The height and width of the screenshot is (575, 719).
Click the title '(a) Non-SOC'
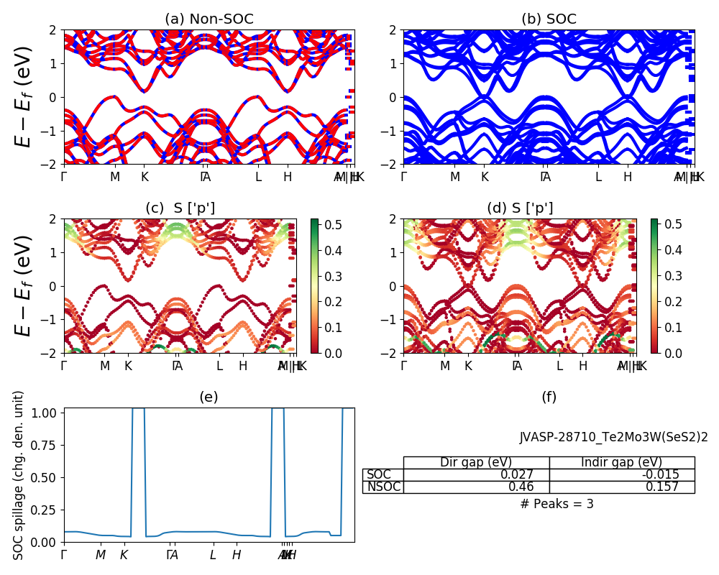pos(209,19)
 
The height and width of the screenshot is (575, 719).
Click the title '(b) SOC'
pos(549,19)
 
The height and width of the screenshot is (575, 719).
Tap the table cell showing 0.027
pos(476,474)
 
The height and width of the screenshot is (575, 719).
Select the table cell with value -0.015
pos(622,474)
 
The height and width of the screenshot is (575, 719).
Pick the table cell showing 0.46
pos(476,487)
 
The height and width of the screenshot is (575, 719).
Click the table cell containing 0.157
pos(622,487)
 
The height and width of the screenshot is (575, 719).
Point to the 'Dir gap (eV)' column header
pos(476,462)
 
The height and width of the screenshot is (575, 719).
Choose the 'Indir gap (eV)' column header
pos(622,462)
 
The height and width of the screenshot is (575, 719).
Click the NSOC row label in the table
pos(383,487)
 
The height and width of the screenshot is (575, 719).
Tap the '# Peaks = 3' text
pos(557,504)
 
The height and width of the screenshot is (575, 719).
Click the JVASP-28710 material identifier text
pos(613,437)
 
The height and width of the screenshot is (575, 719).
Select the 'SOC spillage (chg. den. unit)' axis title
pos(19,474)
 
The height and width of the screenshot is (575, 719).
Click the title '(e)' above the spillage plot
pos(209,397)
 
